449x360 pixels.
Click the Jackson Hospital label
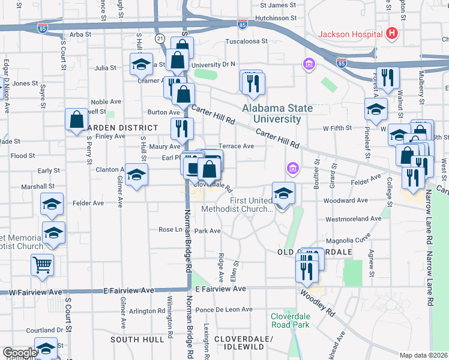351,34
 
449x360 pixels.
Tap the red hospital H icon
392,33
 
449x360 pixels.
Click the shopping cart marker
42,265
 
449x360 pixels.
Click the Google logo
19,353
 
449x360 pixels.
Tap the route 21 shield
159,38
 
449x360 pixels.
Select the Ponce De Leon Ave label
224,310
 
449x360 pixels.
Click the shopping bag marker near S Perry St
77,119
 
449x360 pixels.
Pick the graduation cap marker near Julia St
141,63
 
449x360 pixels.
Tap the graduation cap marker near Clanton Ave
136,175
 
